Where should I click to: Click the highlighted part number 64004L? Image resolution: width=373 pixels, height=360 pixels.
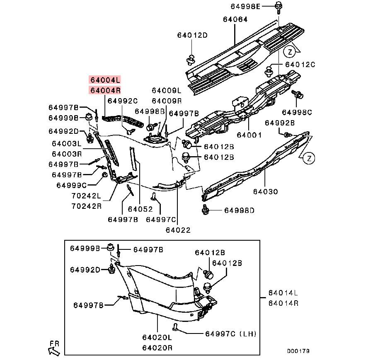click(x=105, y=80)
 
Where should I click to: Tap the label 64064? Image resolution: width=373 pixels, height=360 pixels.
click(x=235, y=19)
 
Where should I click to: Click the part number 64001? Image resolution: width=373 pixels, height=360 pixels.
click(x=249, y=135)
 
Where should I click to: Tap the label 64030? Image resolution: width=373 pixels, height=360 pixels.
click(x=265, y=192)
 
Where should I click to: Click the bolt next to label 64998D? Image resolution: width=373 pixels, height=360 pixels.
click(x=205, y=210)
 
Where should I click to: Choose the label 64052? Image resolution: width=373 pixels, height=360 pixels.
click(x=140, y=210)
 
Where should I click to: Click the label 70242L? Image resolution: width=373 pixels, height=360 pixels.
click(x=86, y=195)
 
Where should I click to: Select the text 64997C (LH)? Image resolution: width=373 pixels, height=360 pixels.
click(x=230, y=333)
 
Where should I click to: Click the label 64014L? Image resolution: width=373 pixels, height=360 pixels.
click(x=283, y=292)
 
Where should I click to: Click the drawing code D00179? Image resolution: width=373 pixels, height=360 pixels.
click(x=298, y=350)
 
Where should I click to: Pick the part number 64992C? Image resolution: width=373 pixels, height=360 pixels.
click(x=122, y=101)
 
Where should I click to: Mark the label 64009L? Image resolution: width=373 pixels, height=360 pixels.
click(x=167, y=90)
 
